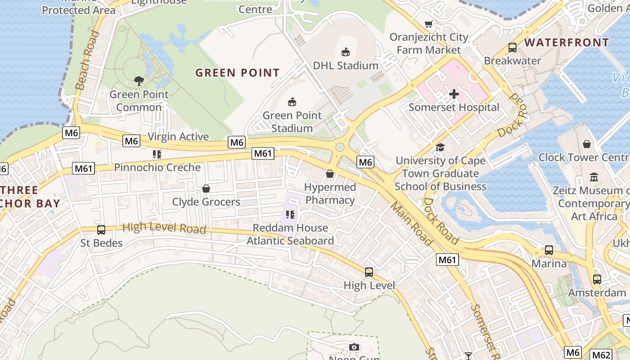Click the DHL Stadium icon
pos(346,52)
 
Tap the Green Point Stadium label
pos(292,121)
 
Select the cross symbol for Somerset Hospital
pos(454,94)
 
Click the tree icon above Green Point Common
pos(139,81)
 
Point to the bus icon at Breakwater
pos(512,47)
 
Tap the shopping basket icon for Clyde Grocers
pos(206,188)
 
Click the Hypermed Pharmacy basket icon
pos(330,174)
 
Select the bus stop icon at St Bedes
pos(101,229)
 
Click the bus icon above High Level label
pos(369,272)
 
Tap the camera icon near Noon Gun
pos(354,347)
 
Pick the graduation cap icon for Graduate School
pos(440,147)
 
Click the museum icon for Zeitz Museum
pos(594,177)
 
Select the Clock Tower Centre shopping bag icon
pos(587,144)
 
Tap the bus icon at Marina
pos(549,250)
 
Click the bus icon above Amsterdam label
pos(597,279)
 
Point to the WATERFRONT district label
pos(567,43)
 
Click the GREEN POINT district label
pos(238,72)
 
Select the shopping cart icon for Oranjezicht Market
pos(429,24)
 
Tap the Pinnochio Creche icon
pos(157,154)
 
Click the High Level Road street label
pos(164,228)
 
